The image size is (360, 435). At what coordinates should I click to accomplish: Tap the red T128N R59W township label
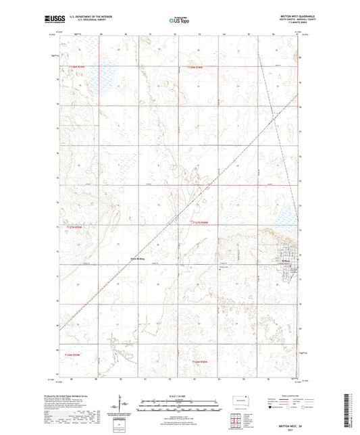coord(78,67)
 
